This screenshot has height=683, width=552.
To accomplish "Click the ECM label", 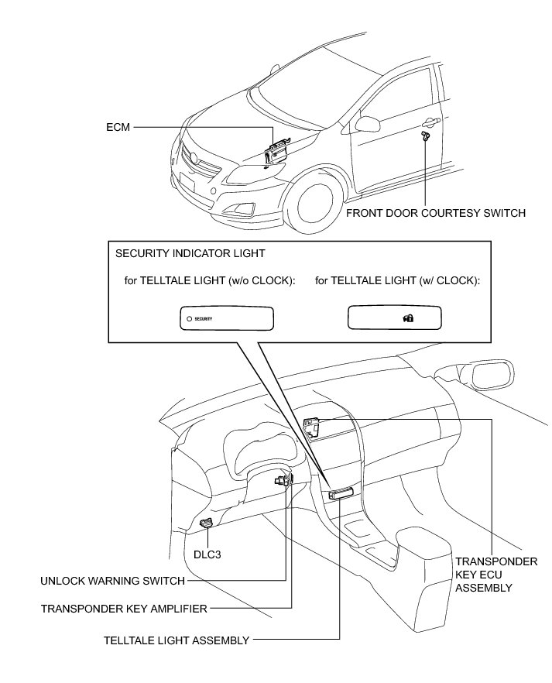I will pos(121,125).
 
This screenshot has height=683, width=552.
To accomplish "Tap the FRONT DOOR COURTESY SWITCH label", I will pos(436,212).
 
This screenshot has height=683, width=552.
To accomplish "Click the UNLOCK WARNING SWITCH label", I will pos(113,580).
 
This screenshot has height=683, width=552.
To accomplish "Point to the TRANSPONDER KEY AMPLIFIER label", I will pos(124,609).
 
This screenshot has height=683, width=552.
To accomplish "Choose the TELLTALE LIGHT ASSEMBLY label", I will pos(177,640).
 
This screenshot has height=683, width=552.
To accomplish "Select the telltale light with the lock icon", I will pos(394,317).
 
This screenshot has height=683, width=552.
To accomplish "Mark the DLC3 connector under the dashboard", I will pos(207,523).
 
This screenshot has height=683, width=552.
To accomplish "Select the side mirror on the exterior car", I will pos(367,125).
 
